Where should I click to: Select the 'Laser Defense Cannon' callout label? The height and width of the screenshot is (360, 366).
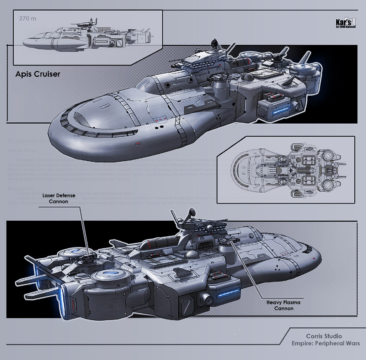click(59, 198)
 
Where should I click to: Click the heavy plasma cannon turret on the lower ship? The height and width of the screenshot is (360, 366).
click(225, 247)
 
